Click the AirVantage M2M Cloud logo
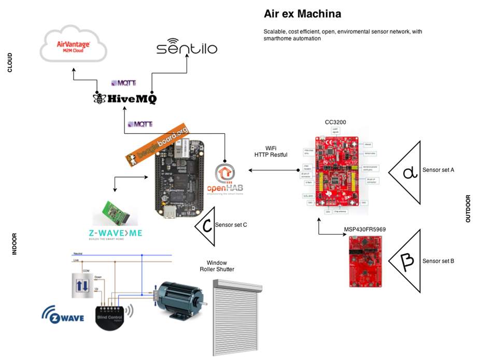click(x=73, y=45)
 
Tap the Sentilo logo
click(x=187, y=48)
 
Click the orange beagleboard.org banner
click(x=156, y=146)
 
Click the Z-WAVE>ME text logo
click(x=115, y=234)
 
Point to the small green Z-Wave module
click(x=115, y=210)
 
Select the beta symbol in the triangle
click(x=407, y=261)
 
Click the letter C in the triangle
click(x=207, y=226)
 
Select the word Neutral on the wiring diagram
click(x=78, y=253)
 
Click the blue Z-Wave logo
click(x=62, y=315)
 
